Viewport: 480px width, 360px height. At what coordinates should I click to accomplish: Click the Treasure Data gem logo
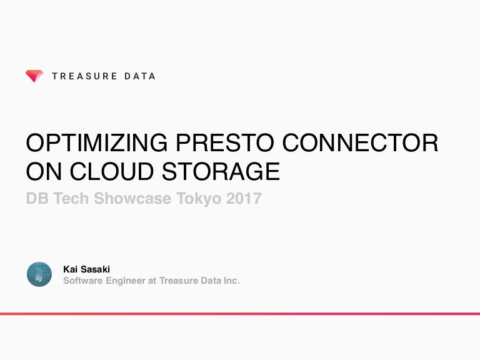(34, 76)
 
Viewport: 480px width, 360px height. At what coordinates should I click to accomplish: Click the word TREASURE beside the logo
(84, 76)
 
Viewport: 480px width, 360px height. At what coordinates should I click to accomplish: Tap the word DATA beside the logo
(140, 76)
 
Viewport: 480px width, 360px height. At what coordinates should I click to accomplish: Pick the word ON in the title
(41, 171)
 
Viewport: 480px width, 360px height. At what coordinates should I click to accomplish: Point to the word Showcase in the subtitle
(136, 199)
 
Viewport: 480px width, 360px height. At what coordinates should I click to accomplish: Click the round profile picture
(39, 274)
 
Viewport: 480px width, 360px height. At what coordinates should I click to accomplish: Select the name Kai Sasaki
(87, 269)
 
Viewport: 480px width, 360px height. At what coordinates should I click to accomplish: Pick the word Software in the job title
(82, 281)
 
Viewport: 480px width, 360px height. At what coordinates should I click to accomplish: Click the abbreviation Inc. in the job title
(230, 281)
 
